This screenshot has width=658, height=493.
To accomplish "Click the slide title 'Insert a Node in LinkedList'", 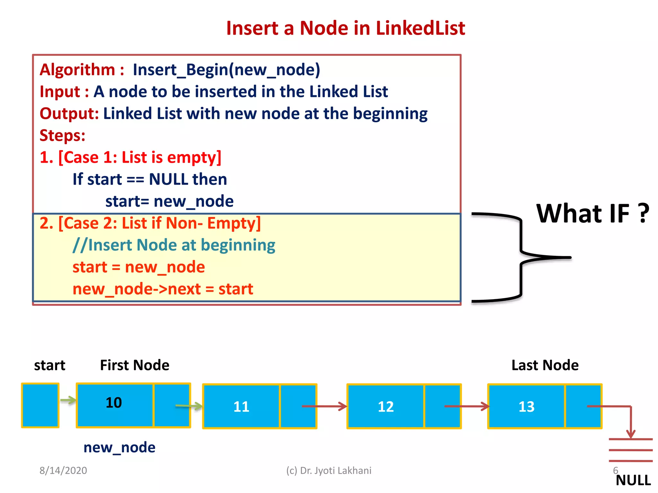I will click(x=345, y=28).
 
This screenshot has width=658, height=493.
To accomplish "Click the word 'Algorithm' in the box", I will click(x=77, y=70).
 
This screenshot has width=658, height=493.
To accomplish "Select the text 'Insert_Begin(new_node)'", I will click(x=227, y=70).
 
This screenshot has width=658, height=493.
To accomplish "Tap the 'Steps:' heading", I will click(x=62, y=135).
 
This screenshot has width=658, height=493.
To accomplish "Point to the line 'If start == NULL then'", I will click(x=150, y=179).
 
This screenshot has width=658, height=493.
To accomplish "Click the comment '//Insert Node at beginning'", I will click(x=174, y=245).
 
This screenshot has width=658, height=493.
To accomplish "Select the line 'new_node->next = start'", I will click(x=163, y=289).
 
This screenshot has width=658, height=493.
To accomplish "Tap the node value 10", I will click(x=114, y=402).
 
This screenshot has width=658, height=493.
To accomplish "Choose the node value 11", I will click(x=241, y=407).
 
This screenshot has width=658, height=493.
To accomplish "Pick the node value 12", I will click(x=386, y=407).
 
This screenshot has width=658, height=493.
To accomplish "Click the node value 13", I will click(x=527, y=407).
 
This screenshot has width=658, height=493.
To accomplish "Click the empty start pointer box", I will click(x=40, y=405).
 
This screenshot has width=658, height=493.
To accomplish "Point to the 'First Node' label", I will click(x=135, y=365).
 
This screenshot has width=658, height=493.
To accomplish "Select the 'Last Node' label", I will click(x=545, y=365).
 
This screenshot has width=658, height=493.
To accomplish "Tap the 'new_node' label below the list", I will click(x=119, y=447).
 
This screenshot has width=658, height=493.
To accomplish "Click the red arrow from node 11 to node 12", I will click(x=325, y=406).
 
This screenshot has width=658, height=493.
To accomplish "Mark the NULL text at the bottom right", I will click(x=633, y=480).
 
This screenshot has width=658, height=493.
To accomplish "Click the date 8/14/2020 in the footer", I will click(x=63, y=471).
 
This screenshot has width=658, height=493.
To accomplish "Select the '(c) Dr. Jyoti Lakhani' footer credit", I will click(x=329, y=471).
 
